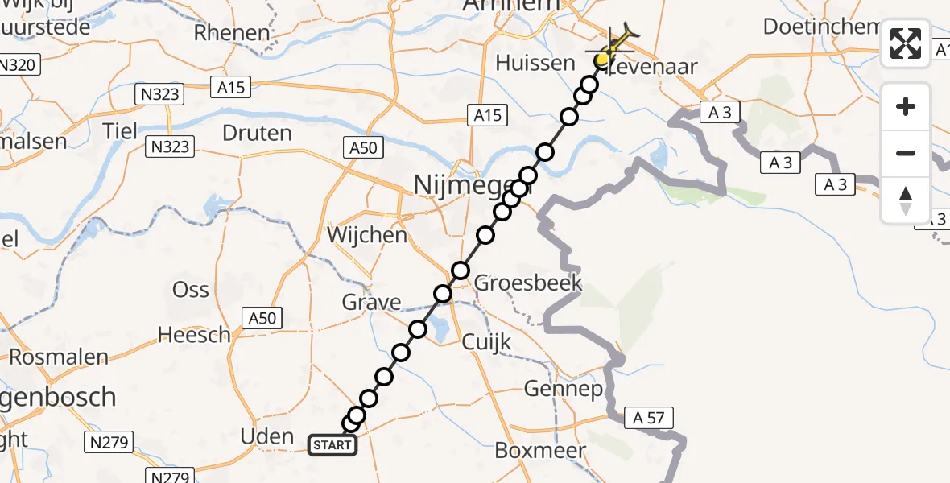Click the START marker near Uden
point(332,444)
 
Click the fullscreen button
point(906,43)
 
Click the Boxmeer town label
point(540,450)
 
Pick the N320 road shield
point(18,65)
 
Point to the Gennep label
point(564,390)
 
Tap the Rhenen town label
point(232,33)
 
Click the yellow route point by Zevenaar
point(602,60)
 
